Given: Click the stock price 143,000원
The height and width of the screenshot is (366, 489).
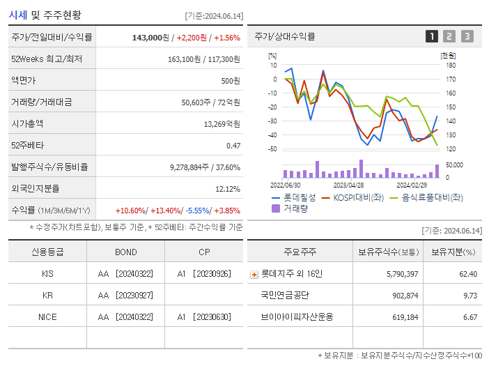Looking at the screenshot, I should [x=150, y=37].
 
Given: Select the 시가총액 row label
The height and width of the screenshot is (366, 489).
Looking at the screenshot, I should [x=27, y=123].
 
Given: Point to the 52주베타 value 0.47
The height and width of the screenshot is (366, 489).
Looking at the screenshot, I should [x=233, y=145].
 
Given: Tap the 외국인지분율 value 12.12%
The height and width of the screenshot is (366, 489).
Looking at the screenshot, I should [x=228, y=189].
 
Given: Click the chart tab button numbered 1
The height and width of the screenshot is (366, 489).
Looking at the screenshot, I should [x=432, y=36].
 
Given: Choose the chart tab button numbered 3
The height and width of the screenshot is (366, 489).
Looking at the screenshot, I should [x=467, y=36].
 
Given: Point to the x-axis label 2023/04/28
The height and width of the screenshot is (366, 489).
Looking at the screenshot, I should [x=348, y=185].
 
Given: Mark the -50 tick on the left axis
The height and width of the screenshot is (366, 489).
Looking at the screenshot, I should [x=272, y=149].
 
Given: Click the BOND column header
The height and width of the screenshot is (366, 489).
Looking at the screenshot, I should [x=126, y=252].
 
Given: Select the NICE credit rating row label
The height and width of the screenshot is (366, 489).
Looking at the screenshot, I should [x=47, y=317].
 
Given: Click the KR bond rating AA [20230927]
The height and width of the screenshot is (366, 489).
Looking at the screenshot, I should [x=126, y=295].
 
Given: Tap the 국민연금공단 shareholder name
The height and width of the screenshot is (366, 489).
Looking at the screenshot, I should [x=286, y=295].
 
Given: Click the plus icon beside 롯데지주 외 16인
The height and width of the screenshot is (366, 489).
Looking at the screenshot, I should [x=254, y=275].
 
